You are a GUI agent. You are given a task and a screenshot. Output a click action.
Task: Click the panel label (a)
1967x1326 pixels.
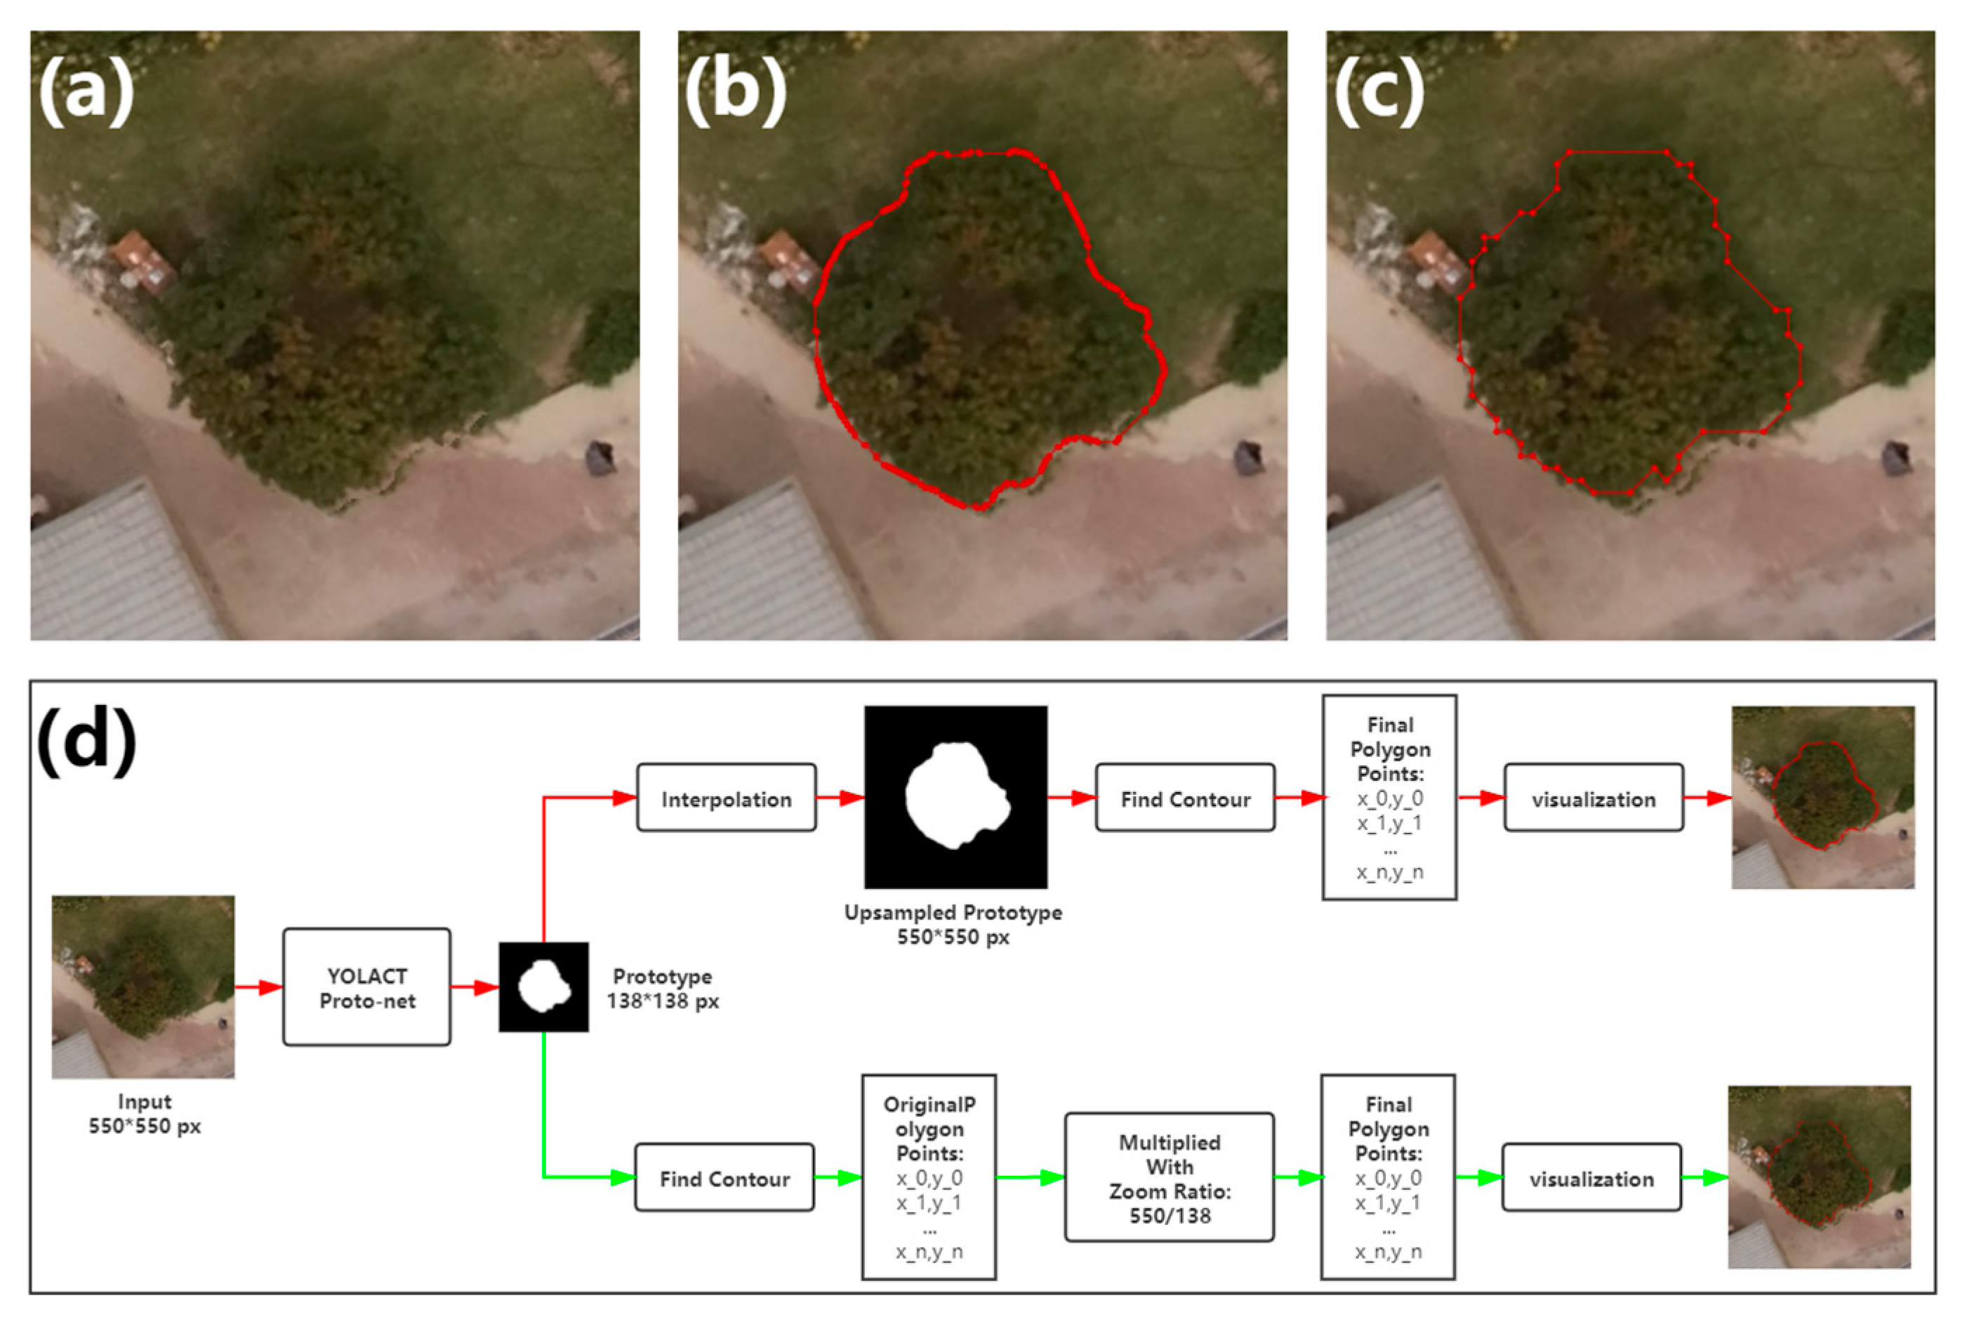(86, 91)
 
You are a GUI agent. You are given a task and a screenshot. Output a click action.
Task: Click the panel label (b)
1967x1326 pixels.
(734, 91)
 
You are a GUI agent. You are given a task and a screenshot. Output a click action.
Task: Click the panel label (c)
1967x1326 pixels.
(1379, 91)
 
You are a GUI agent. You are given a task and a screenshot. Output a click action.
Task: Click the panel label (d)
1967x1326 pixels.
(86, 740)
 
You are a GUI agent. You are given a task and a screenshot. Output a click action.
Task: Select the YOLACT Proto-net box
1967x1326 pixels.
(366, 987)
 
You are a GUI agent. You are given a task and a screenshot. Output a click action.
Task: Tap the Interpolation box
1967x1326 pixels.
(726, 798)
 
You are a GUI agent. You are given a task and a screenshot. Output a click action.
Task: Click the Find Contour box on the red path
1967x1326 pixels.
(1184, 798)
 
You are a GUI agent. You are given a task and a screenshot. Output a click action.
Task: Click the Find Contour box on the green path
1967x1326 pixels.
(724, 1178)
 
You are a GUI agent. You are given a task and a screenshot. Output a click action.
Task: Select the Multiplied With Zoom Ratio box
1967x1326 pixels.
(1170, 1178)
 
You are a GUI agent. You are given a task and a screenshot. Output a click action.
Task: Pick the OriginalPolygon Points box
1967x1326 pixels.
(928, 1177)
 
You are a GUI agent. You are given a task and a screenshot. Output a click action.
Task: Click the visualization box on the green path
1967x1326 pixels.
(1591, 1178)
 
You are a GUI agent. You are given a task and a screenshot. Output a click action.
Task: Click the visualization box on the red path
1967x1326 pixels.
(1592, 798)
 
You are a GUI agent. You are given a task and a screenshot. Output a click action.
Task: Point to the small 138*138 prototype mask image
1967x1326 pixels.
(543, 987)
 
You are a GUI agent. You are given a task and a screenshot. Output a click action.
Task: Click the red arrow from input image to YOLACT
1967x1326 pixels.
(258, 987)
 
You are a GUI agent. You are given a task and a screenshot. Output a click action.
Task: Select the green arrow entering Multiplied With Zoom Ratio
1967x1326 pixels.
(1030, 1177)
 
